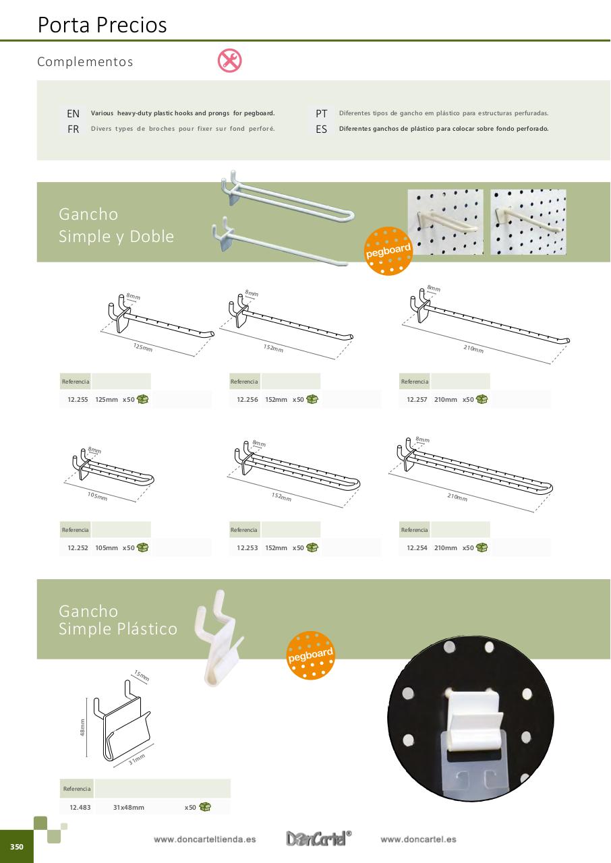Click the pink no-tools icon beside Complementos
pos(229,61)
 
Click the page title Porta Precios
pos(102,25)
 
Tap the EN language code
pos(73,114)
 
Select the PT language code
pos(321,114)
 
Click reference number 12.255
pos(78,400)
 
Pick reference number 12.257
pos(417,400)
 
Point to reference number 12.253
pos(248,548)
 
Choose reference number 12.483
pos(80,807)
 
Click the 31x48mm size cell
pos(129,807)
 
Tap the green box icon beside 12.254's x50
pos(482,547)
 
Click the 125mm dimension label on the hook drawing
pos(143,347)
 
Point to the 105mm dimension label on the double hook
pos(97,496)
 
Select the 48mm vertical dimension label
pos(82,727)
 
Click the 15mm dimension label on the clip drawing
pos(142,676)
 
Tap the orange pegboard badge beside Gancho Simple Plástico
pos(310,655)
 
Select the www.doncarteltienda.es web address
pos(204,839)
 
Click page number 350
pos(17,846)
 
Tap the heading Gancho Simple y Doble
pos(116,225)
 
